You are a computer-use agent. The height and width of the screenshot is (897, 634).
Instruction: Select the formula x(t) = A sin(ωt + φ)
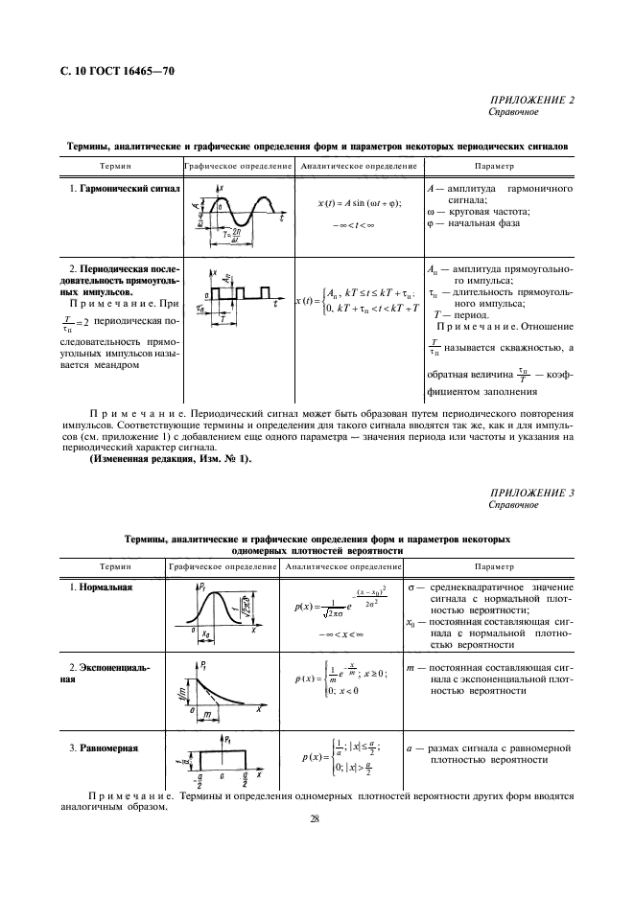(360, 203)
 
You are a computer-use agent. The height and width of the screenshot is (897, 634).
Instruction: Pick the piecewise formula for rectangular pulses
(359, 300)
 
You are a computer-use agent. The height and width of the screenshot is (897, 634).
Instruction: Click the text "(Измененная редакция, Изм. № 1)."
(170, 457)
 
